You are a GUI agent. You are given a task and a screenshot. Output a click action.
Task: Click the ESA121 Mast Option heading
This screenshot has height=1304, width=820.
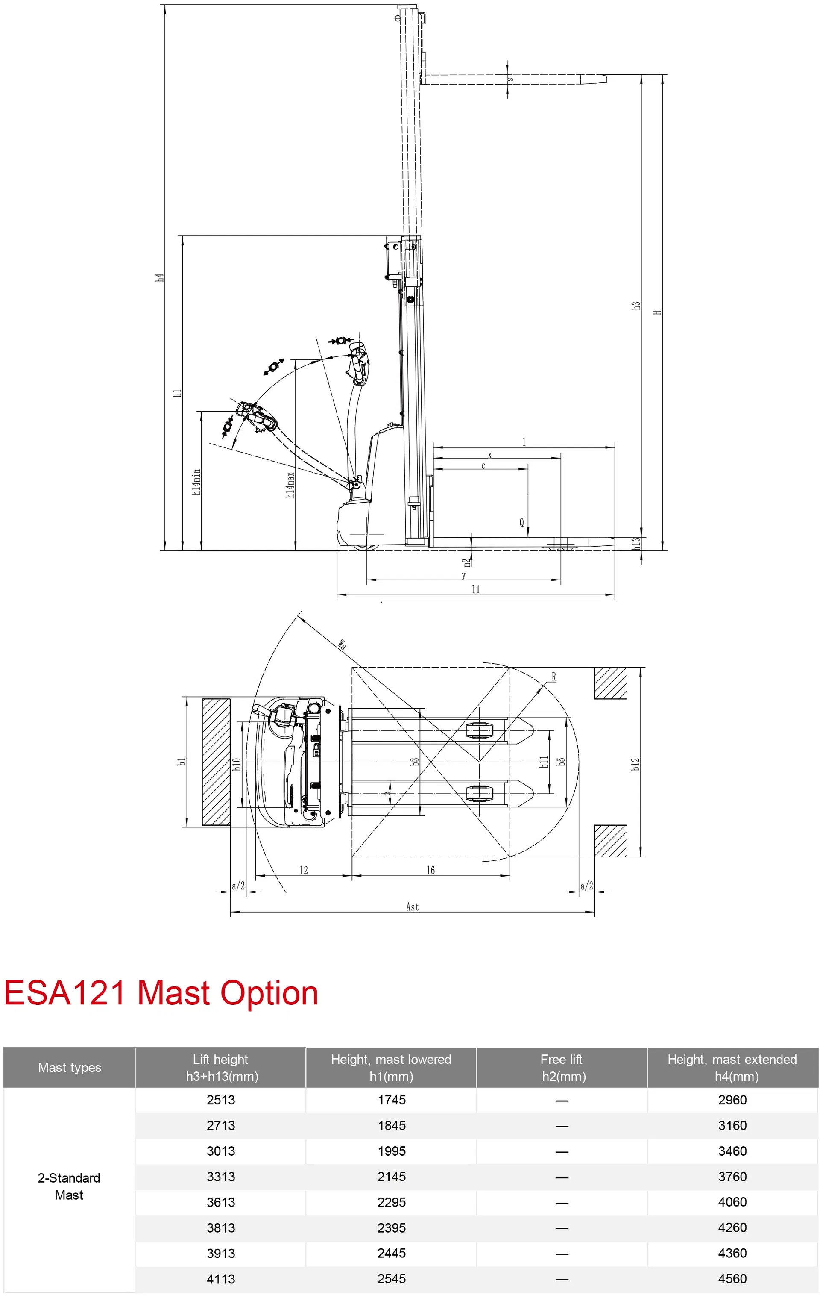click(161, 993)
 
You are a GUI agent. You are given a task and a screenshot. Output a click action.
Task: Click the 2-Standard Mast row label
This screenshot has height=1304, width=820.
click(69, 1186)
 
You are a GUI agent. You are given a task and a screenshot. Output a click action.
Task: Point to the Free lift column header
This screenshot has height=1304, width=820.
click(561, 1067)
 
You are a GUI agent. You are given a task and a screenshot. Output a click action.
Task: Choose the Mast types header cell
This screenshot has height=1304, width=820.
click(69, 1067)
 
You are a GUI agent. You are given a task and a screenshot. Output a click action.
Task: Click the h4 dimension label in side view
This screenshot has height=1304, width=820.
click(159, 277)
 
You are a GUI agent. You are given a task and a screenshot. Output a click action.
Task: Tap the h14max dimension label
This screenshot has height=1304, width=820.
click(291, 485)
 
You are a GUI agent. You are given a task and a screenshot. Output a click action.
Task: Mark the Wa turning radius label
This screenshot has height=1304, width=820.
click(342, 645)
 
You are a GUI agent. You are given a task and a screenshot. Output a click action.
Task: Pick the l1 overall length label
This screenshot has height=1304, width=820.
click(476, 589)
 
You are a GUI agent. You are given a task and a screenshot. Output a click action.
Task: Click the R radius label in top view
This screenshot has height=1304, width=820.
click(553, 677)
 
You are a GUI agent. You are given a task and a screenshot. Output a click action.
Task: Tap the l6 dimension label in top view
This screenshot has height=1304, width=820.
click(430, 870)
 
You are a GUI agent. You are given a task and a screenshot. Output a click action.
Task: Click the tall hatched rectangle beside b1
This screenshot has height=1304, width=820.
click(216, 762)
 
